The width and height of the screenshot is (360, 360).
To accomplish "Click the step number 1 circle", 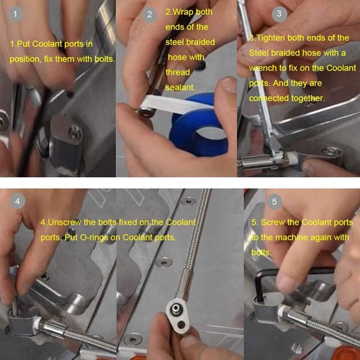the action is click(15, 14).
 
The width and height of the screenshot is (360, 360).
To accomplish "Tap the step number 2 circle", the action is click(149, 14).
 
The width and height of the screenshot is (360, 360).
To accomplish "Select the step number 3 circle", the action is click(279, 14).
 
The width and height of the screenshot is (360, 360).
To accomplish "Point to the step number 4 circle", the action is click(17, 201).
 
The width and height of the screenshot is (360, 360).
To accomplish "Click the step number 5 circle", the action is click(274, 202).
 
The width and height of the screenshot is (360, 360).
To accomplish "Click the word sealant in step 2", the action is click(181, 87).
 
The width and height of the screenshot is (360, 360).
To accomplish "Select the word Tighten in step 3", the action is click(271, 38).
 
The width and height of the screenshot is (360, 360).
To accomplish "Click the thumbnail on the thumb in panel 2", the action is click(229, 84).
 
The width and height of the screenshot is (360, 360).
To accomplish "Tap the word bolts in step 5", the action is click(261, 253).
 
